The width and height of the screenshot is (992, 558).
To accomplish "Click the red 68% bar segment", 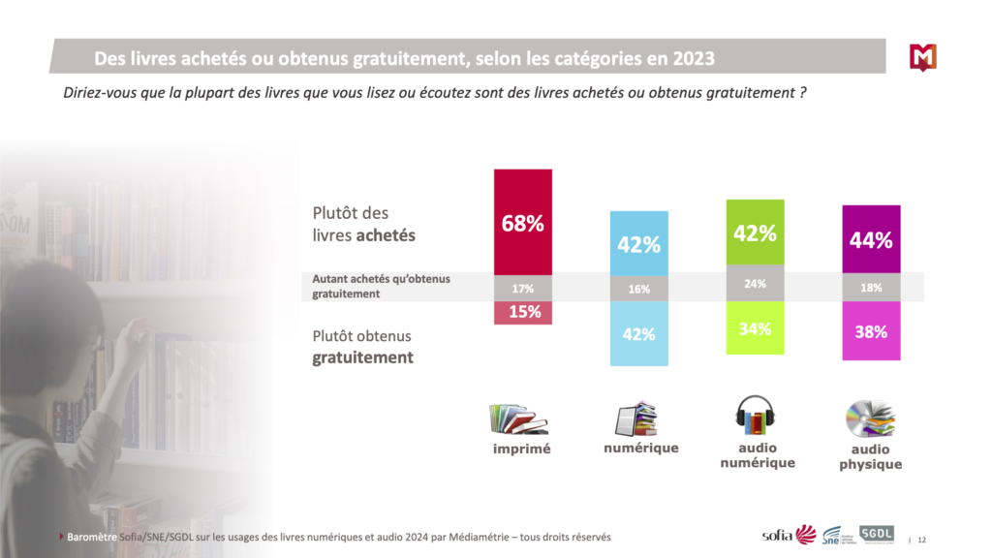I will (x=523, y=222).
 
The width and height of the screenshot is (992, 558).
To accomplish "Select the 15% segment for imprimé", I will (x=523, y=313).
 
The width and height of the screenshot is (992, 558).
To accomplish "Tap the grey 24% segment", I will (x=755, y=285).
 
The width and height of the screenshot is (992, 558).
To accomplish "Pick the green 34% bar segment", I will (x=755, y=328).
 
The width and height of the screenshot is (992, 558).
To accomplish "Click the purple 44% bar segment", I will (x=871, y=239).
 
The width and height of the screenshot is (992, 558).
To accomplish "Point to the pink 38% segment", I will (x=871, y=331).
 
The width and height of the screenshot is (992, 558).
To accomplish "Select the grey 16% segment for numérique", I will (x=638, y=288).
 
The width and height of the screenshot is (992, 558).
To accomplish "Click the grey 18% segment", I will (x=871, y=288).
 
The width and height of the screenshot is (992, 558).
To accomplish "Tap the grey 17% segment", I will (x=523, y=288).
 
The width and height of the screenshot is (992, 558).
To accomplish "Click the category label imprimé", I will (x=520, y=449).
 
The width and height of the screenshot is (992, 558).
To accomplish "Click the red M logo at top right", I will (x=923, y=57).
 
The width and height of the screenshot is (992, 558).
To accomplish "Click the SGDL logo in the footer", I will (x=877, y=534).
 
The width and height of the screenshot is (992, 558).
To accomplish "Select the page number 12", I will (x=922, y=540).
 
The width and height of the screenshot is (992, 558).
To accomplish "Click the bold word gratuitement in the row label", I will (x=362, y=357).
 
